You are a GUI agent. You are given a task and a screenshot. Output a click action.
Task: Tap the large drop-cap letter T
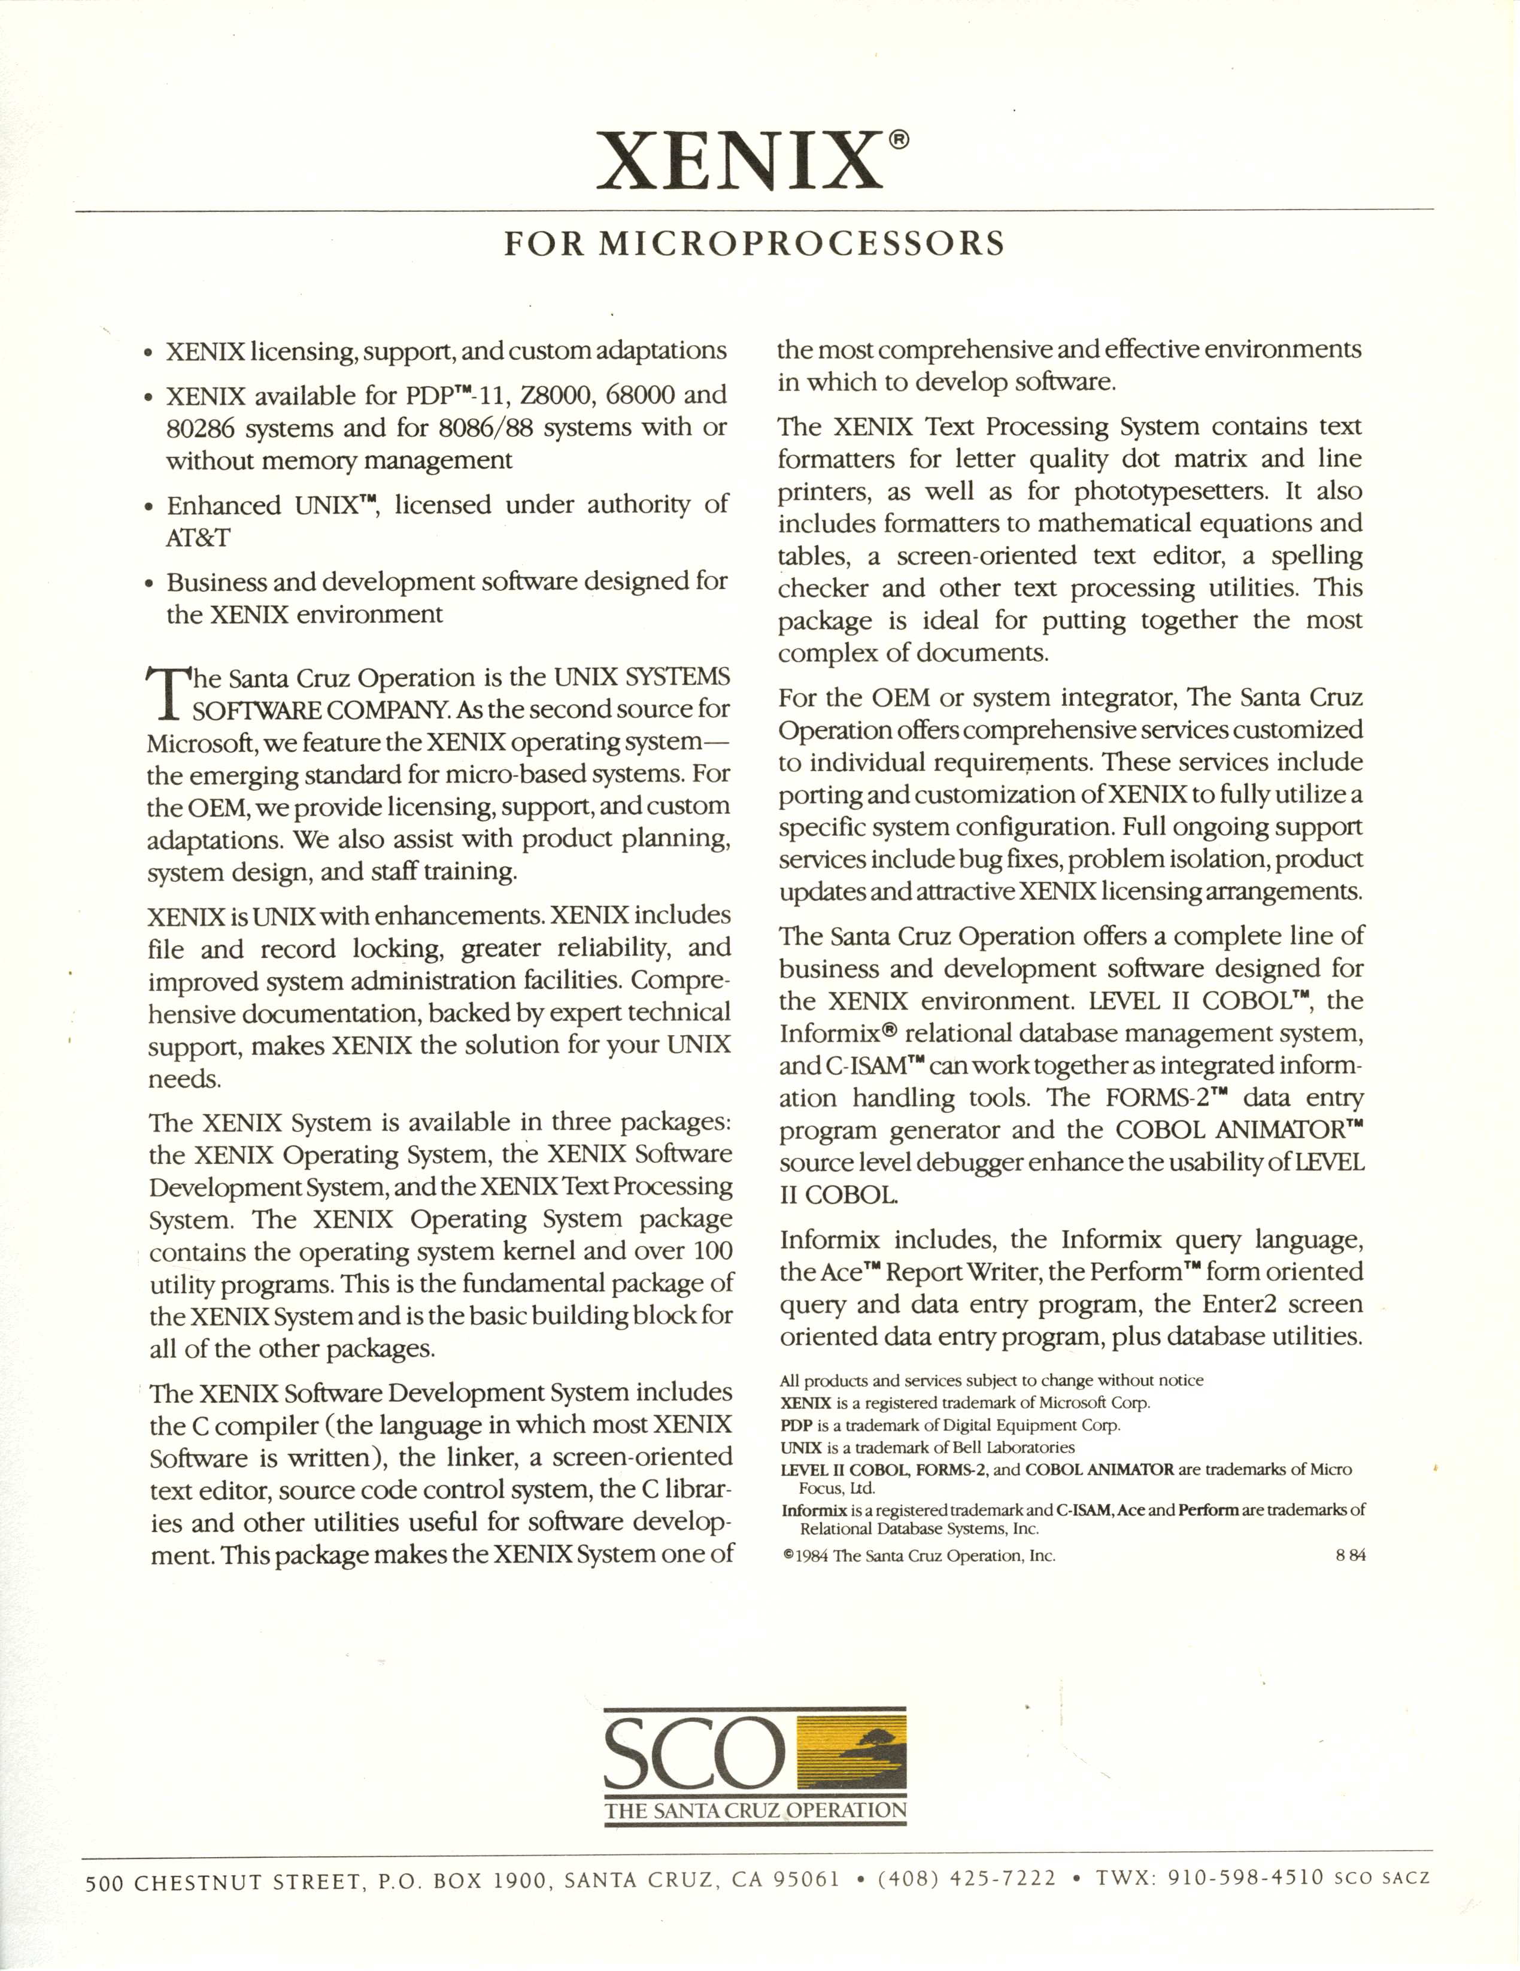click(x=168, y=693)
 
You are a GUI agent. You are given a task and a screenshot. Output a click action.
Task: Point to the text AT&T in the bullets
click(x=198, y=538)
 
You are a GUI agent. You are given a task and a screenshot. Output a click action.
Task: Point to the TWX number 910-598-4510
click(x=1246, y=1878)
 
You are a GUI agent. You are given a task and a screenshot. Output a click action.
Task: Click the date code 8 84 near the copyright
click(x=1351, y=1555)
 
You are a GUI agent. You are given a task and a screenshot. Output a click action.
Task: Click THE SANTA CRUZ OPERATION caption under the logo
click(x=756, y=1809)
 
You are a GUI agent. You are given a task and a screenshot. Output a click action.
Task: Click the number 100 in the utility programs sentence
click(x=712, y=1252)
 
